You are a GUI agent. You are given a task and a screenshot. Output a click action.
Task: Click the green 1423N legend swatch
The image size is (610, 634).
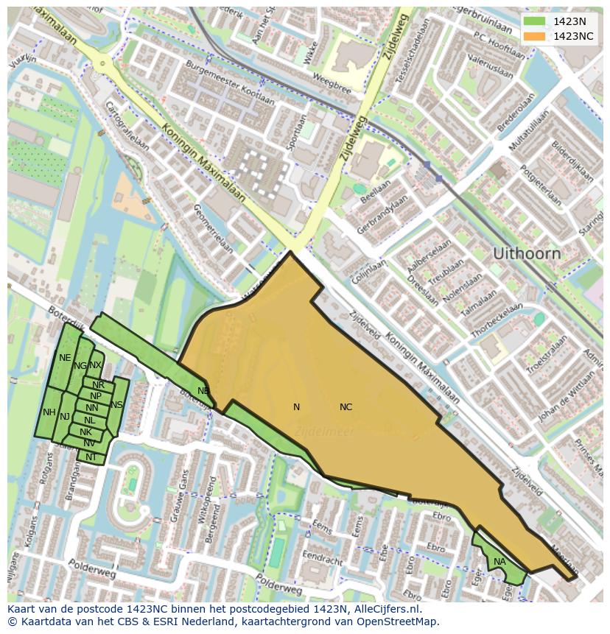pos(536,21)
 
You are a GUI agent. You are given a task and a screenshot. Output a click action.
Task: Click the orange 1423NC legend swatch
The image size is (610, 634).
pos(536,36)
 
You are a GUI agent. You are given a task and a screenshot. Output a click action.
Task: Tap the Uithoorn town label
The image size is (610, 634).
pos(526,253)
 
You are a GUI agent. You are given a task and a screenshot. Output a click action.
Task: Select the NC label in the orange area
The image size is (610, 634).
pos(346,407)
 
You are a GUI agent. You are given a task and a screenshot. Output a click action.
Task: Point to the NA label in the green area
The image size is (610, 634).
pos(499,562)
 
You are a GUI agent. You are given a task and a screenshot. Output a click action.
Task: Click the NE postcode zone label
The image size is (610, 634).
pos(65,358)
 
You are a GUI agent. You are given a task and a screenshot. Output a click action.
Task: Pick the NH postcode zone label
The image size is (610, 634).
pos(49,412)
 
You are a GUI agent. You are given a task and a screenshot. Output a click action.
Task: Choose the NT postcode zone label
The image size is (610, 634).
pos(91,457)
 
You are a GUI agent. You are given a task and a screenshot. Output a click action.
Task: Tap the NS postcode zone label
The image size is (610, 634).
pos(116,405)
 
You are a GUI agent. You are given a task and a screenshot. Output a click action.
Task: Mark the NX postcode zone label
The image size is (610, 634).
pos(96,365)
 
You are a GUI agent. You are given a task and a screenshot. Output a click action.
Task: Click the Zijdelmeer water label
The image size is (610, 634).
pos(324,432)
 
